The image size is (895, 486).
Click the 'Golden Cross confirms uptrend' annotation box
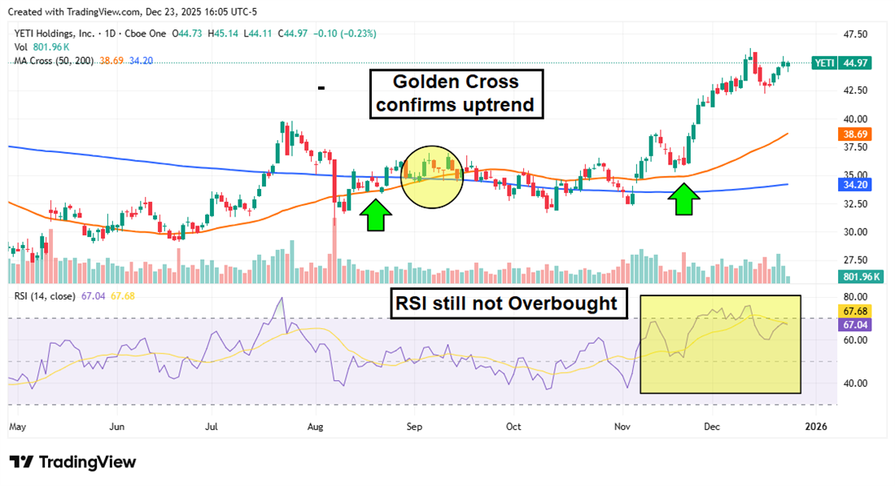coord(456,94)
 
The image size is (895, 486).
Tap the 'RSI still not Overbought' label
coord(507,303)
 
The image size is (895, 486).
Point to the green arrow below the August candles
coord(375,215)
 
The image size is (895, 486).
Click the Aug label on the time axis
coord(317,426)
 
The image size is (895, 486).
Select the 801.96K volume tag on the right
coord(858,277)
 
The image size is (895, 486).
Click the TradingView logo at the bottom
coord(73,462)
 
